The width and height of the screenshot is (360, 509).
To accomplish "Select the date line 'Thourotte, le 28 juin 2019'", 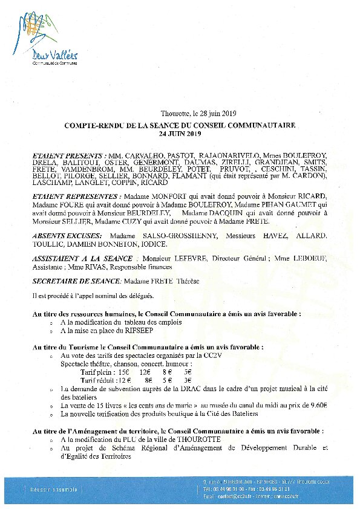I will pos(198,114).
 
